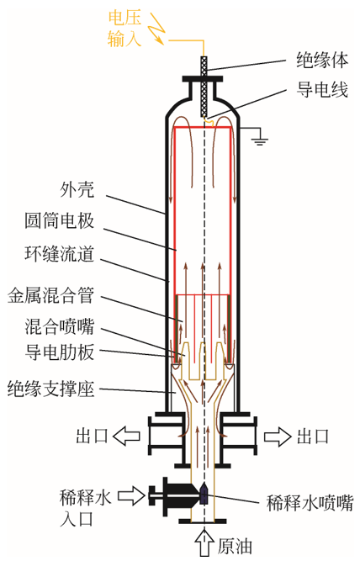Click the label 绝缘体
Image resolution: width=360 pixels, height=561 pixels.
pyautogui.click(x=322, y=60)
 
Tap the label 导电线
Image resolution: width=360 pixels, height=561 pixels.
pyautogui.click(x=322, y=89)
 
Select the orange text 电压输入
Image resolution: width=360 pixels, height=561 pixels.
pyautogui.click(x=124, y=29)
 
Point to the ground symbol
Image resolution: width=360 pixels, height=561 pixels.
pyautogui.click(x=259, y=139)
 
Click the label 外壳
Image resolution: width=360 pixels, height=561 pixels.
pyautogui.click(x=77, y=189)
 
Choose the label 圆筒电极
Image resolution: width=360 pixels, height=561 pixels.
pyautogui.click(x=60, y=220)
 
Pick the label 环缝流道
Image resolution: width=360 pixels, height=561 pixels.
pyautogui.click(x=60, y=254)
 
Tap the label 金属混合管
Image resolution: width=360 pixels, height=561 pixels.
pyautogui.click(x=50, y=295)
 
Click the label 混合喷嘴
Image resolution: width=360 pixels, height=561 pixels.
pyautogui.click(x=60, y=327)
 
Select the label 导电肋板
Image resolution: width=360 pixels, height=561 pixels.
pyautogui.click(x=60, y=352)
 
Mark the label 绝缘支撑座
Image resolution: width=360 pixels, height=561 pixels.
pyautogui.click(x=50, y=389)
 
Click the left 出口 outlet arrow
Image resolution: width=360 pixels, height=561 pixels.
pyautogui.click(x=126, y=436)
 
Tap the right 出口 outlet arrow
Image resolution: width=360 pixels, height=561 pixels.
pyautogui.click(x=278, y=437)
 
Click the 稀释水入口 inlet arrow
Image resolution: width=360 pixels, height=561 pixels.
pyautogui.click(x=131, y=495)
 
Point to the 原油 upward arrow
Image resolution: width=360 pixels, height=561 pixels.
pyautogui.click(x=204, y=543)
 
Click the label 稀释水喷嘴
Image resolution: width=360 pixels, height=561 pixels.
pyautogui.click(x=310, y=503)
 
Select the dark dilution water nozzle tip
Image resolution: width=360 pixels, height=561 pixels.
pyautogui.click(x=204, y=494)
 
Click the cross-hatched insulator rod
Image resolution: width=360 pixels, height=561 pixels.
pyautogui.click(x=204, y=87)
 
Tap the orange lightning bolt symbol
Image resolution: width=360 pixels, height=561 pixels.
pyautogui.click(x=156, y=29)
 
